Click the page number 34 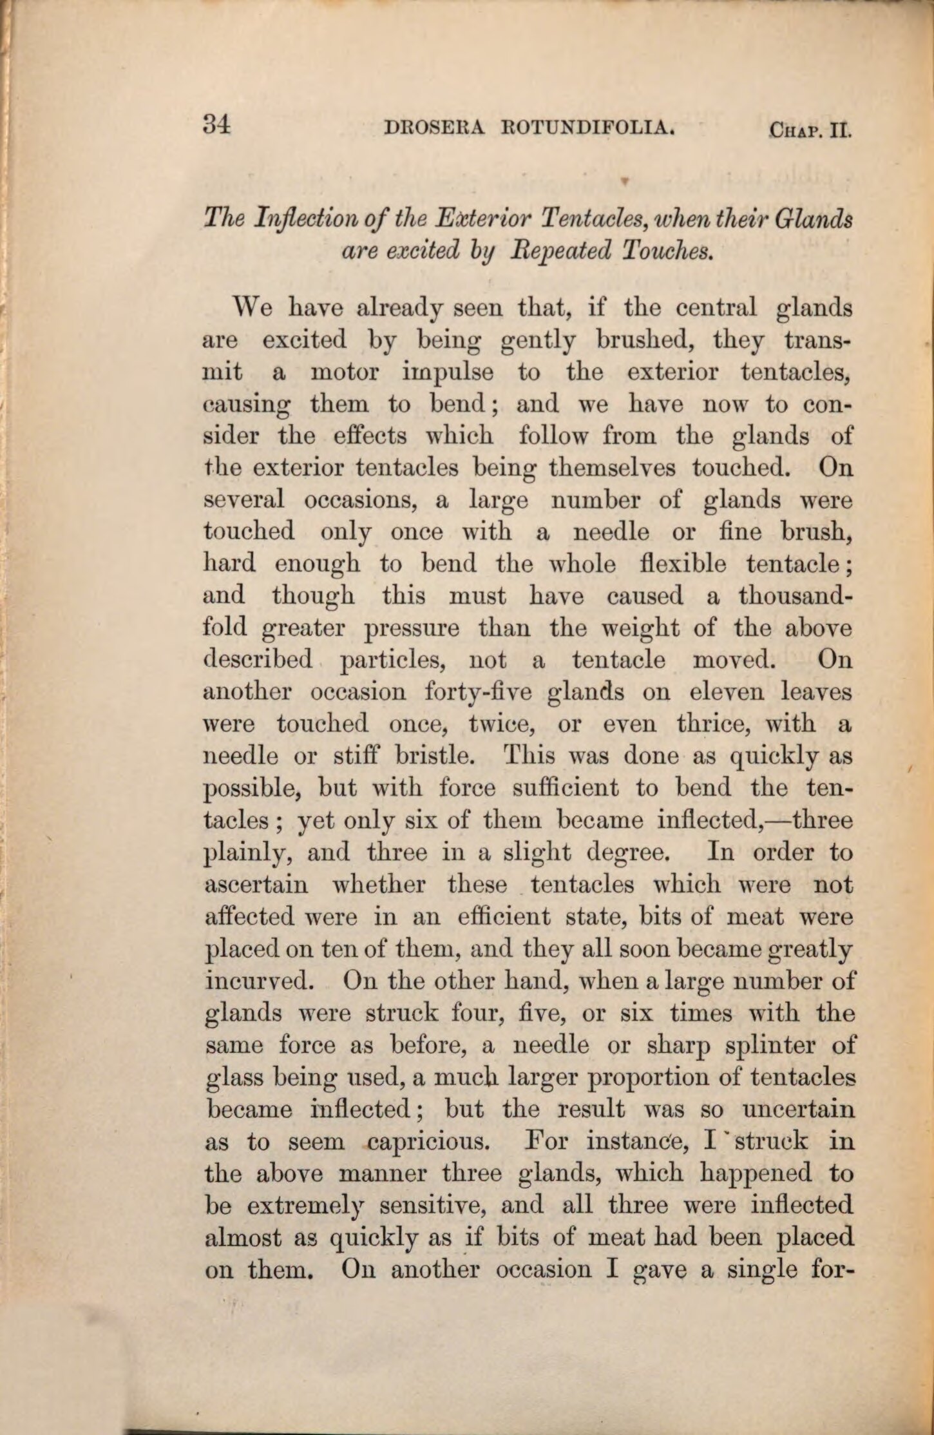216,124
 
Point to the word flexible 685,564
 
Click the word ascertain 256,884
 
